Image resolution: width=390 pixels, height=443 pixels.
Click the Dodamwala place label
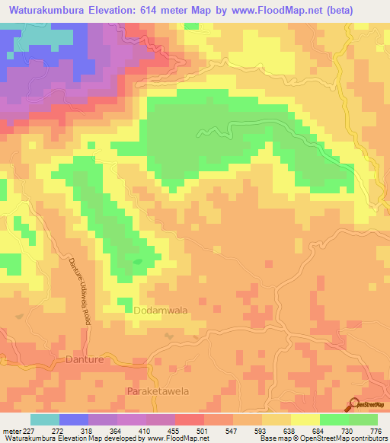pos(160,311)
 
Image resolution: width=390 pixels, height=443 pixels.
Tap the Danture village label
pos(84,359)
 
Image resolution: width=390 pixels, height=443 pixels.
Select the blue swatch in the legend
pos(73,419)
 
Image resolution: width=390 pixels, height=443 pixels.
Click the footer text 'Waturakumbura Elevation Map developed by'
pos(65,438)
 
